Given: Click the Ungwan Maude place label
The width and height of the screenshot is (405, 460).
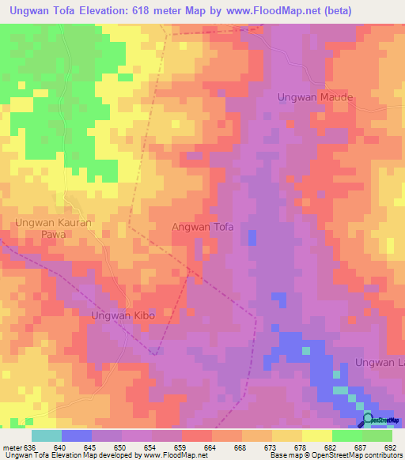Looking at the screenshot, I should (314, 97).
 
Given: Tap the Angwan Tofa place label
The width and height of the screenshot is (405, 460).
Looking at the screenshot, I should (203, 227).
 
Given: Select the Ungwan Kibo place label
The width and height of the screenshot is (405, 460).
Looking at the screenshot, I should (120, 315).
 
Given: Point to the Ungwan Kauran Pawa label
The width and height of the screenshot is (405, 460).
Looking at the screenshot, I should (54, 229).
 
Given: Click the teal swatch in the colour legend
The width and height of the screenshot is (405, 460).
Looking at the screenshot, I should (47, 435).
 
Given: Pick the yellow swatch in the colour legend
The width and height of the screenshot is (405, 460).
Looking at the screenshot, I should (316, 435).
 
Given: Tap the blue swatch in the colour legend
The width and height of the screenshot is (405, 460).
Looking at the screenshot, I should (77, 435).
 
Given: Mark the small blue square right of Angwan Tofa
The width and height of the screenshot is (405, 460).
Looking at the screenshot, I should (252, 237).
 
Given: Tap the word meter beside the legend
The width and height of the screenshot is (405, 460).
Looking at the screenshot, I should (11, 447).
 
